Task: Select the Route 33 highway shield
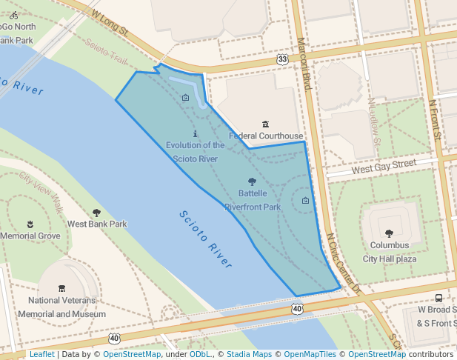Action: tap(282, 59)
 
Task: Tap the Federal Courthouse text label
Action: tap(266, 136)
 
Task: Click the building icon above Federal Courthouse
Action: tap(266, 124)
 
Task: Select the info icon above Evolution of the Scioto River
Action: tap(196, 134)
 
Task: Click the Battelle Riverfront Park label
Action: tap(253, 200)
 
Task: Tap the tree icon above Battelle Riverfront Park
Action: tap(252, 181)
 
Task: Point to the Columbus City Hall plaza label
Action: tap(390, 252)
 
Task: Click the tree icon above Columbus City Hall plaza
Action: tap(390, 233)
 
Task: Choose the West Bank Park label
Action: tap(97, 224)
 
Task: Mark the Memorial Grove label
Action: tap(30, 236)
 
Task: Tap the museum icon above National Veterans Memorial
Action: tap(61, 288)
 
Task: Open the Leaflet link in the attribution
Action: tap(41, 354)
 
